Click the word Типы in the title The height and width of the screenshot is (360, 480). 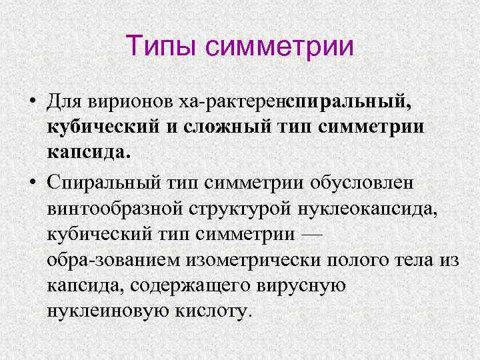click(161, 47)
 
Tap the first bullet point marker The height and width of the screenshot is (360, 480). click(32, 102)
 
